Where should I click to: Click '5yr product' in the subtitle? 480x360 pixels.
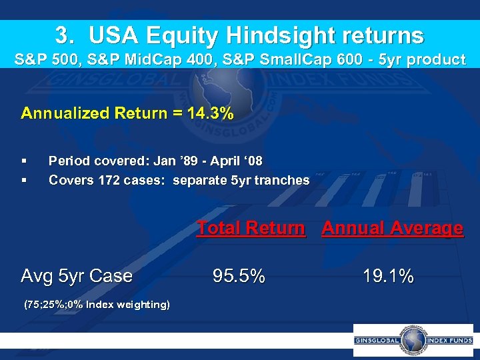click(426, 59)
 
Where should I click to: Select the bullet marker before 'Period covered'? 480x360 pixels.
click(24, 161)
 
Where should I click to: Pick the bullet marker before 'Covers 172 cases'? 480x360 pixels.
click(24, 180)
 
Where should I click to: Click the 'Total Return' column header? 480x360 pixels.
click(251, 228)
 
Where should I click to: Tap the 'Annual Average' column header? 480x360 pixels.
click(392, 228)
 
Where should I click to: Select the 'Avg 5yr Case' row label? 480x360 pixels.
click(77, 275)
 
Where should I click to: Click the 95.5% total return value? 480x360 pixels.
click(239, 275)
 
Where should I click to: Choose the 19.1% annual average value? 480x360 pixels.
click(389, 275)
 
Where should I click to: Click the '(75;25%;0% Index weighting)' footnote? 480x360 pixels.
click(97, 305)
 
